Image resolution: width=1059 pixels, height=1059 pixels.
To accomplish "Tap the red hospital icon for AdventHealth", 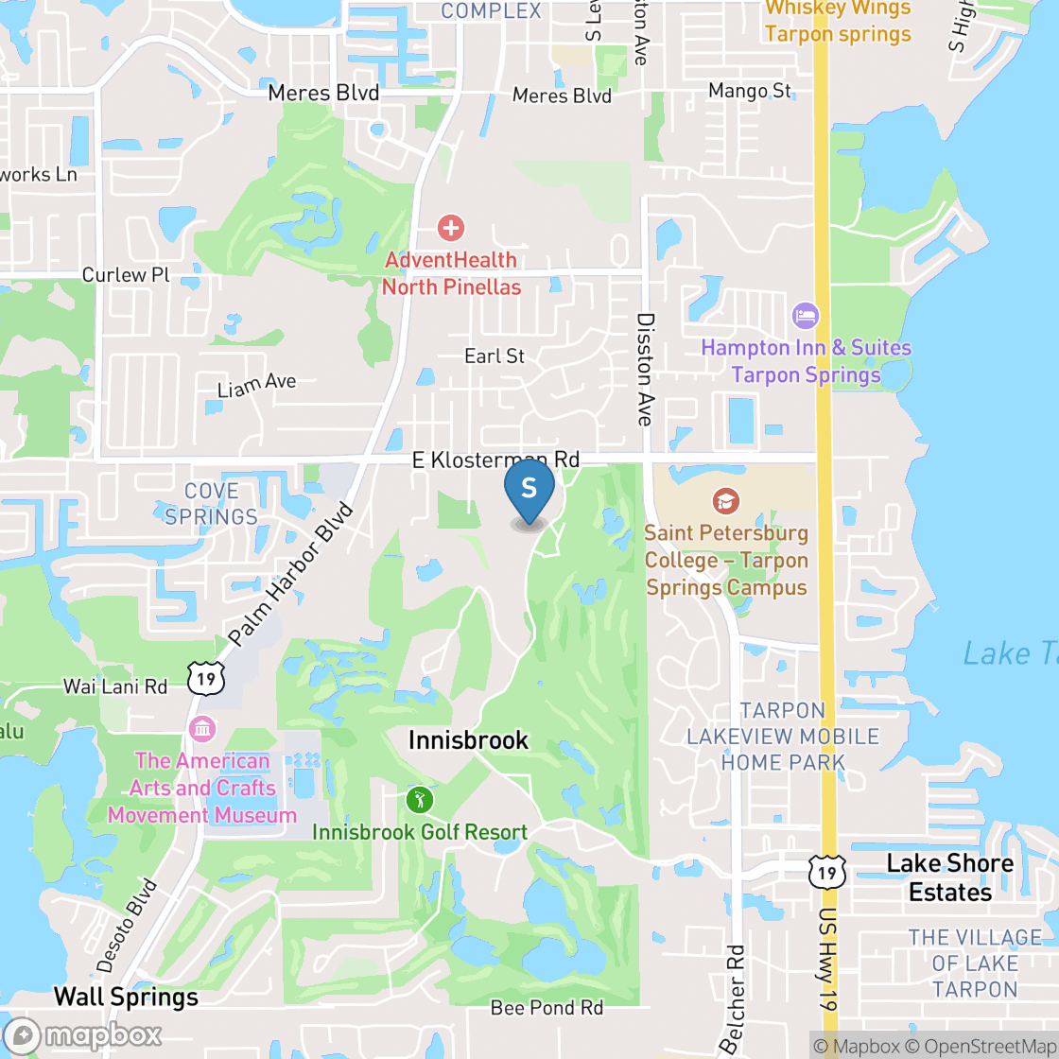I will (451, 227).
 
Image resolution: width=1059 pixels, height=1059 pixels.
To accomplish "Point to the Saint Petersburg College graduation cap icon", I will (725, 501).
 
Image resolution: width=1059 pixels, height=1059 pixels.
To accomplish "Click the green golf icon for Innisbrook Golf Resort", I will (420, 800).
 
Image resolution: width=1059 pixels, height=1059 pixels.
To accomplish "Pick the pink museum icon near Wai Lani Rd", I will (202, 729).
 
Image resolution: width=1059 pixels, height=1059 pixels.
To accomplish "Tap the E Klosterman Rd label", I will (495, 460).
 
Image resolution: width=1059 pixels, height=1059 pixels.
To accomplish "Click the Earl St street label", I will (495, 356).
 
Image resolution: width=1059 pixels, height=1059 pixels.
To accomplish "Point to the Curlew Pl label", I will (125, 275).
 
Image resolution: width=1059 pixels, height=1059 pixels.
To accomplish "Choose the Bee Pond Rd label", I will (547, 1008).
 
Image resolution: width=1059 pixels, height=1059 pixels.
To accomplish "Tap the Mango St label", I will (750, 91).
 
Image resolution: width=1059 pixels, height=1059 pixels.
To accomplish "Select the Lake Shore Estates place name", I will (949, 877).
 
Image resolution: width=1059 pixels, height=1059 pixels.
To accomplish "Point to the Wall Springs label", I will (126, 997).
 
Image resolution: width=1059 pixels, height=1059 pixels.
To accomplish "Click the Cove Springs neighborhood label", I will (211, 504).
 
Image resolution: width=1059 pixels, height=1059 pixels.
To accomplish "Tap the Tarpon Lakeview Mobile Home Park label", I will (783, 736).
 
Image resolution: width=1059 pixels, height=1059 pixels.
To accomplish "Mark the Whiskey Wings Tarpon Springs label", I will (838, 21).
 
